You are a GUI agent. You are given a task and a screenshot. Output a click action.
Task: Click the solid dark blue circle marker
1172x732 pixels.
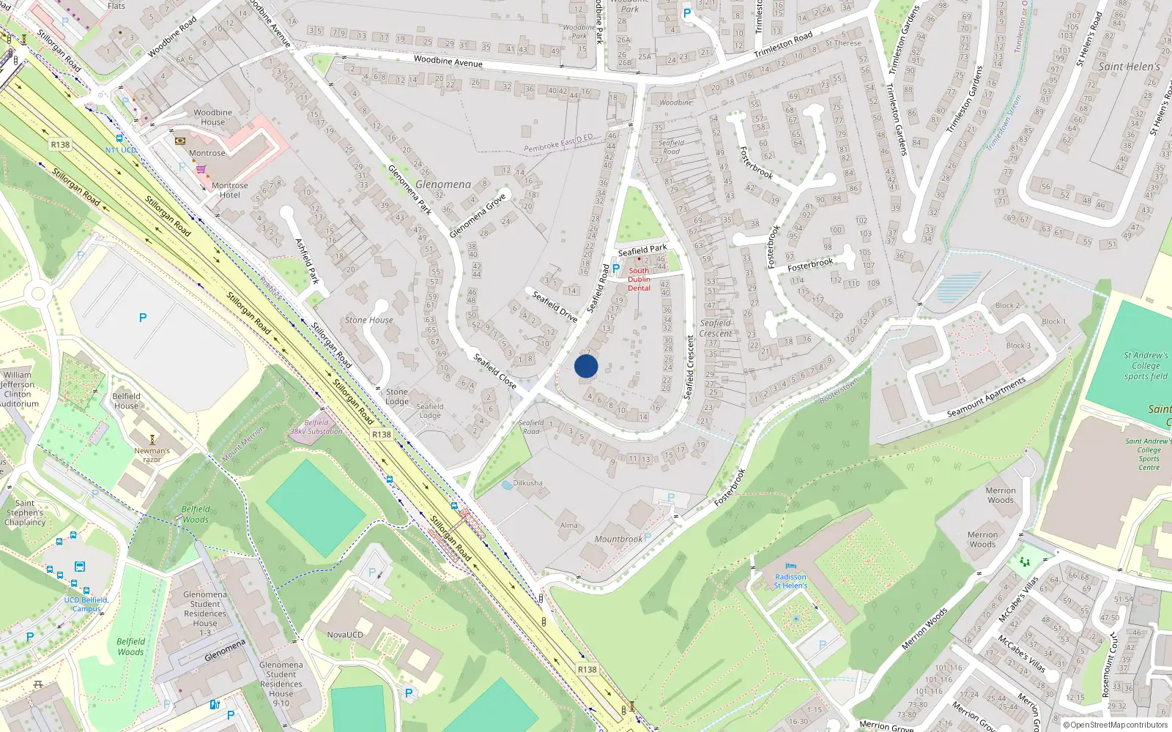586,366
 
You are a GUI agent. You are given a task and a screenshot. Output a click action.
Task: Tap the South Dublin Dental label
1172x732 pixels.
639,279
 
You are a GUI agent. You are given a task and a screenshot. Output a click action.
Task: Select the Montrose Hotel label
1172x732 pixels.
230,190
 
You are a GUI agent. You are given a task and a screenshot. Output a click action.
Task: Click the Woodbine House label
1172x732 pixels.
213,117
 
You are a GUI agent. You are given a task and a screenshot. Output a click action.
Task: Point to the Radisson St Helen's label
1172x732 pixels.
790,581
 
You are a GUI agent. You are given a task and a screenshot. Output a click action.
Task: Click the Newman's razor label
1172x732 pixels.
152,455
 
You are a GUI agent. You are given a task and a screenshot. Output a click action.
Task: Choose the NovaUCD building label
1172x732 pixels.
345,635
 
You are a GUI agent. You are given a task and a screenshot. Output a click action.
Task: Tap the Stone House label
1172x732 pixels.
369,320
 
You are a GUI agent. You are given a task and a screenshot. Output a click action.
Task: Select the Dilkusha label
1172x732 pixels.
528,483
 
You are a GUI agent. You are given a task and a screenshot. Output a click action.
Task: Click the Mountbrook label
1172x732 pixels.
618,539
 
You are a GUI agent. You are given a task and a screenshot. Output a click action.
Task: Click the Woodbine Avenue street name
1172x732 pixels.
448,61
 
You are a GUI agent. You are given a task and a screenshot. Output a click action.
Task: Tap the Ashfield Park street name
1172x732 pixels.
308,261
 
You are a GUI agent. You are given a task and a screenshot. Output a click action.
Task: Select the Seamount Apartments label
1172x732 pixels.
986,398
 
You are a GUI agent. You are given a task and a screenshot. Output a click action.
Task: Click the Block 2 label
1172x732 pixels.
1007,305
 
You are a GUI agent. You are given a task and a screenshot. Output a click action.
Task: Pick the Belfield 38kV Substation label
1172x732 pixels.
316,427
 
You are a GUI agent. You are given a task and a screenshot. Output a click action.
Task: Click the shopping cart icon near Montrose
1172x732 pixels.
201,169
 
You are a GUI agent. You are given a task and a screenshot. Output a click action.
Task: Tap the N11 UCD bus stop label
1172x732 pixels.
121,150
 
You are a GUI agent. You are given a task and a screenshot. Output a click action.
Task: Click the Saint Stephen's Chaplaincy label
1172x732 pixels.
25,512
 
